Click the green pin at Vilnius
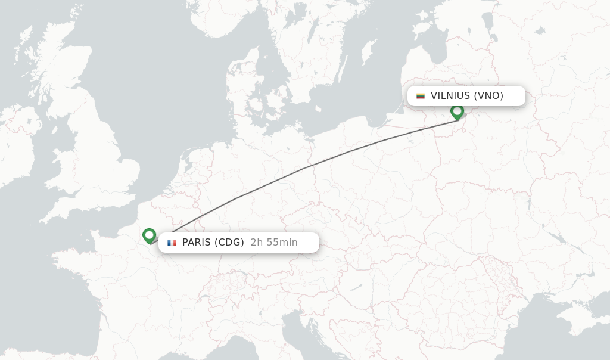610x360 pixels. point(457,111)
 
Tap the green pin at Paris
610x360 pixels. point(149,236)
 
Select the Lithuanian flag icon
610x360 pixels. point(421,96)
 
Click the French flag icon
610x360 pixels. point(172,243)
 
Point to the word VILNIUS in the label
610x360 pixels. point(450,96)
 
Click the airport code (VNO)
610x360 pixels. point(488,96)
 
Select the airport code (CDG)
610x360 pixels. point(229,243)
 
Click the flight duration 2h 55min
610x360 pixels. point(274,243)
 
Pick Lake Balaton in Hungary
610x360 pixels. point(356,287)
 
